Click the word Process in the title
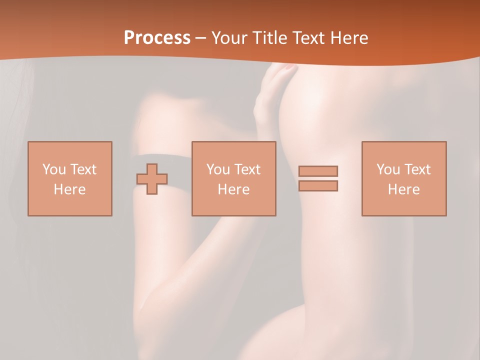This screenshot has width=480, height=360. tap(157, 38)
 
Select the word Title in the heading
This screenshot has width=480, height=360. tap(271, 38)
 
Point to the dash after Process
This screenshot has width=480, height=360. tap(200, 38)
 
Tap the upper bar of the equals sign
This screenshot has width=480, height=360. tap(318, 171)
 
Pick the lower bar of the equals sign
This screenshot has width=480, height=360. tap(318, 185)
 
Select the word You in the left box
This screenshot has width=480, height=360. tap(54, 169)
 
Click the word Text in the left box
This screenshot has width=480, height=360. tap(83, 169)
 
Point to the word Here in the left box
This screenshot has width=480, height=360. tap(69, 189)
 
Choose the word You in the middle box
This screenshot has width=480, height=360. tap(218, 169)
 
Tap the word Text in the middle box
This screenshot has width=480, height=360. tap(247, 169)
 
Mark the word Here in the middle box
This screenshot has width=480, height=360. tap(233, 189)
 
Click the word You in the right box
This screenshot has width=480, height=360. tap(388, 169)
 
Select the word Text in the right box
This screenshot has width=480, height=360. tap(417, 169)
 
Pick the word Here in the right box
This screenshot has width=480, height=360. tap(403, 189)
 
